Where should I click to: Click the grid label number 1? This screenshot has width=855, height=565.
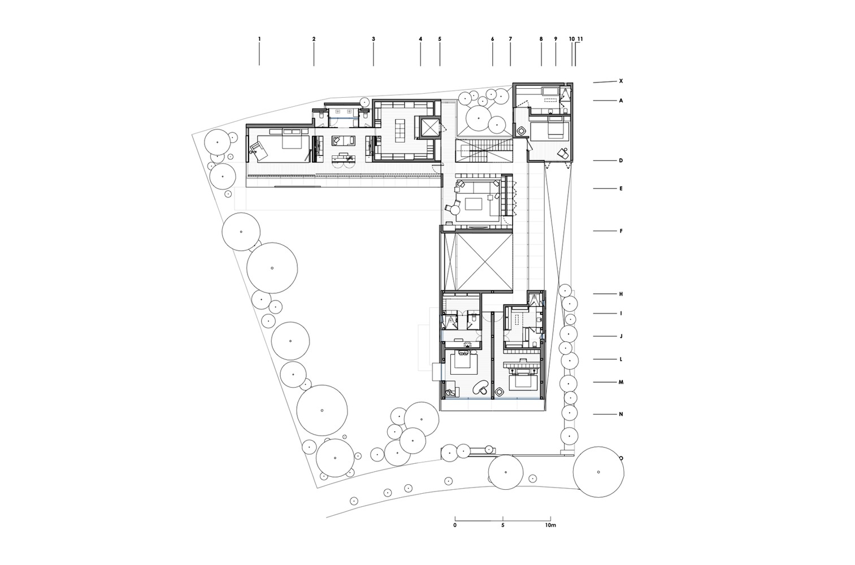click(x=259, y=39)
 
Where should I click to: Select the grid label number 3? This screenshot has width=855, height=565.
click(x=374, y=39)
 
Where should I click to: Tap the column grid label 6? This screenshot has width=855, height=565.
click(x=492, y=39)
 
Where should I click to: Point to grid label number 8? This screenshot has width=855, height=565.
click(x=541, y=39)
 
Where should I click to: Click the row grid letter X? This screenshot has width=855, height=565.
click(x=621, y=81)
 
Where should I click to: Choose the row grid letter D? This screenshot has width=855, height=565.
click(x=621, y=160)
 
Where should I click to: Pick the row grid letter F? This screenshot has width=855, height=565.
click(x=621, y=231)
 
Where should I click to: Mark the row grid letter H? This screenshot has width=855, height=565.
click(x=621, y=294)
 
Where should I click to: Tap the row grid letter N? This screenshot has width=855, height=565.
click(x=621, y=414)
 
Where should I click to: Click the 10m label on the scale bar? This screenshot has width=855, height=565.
click(x=550, y=525)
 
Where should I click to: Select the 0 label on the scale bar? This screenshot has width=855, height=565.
click(x=455, y=525)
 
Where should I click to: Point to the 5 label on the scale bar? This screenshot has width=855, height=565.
click(x=503, y=525)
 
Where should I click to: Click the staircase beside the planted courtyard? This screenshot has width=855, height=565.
click(x=484, y=151)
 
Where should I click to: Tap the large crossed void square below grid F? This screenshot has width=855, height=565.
click(x=484, y=263)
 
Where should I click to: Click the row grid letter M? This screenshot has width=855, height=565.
click(x=621, y=383)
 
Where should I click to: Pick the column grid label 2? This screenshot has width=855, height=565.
click(x=314, y=39)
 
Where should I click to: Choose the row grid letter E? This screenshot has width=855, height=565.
click(x=621, y=189)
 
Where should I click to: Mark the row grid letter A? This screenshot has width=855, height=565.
click(x=621, y=101)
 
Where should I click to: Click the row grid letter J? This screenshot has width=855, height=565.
click(x=621, y=336)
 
